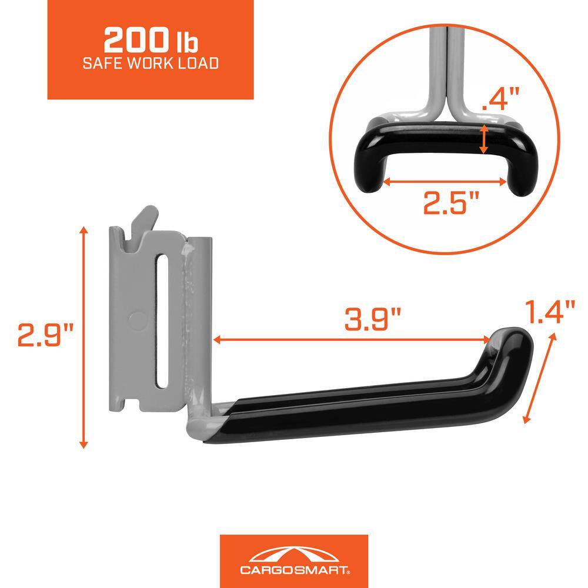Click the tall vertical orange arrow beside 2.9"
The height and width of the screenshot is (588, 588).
85,339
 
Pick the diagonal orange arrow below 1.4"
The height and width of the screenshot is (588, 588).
539,376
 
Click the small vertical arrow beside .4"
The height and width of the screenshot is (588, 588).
484,139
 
